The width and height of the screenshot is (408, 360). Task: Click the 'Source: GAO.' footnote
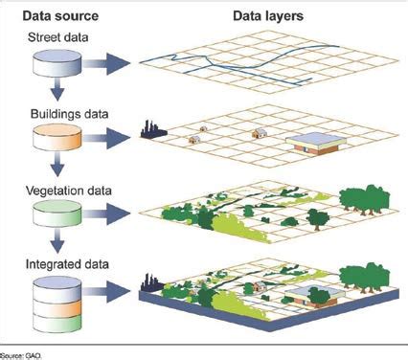(20, 353)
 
